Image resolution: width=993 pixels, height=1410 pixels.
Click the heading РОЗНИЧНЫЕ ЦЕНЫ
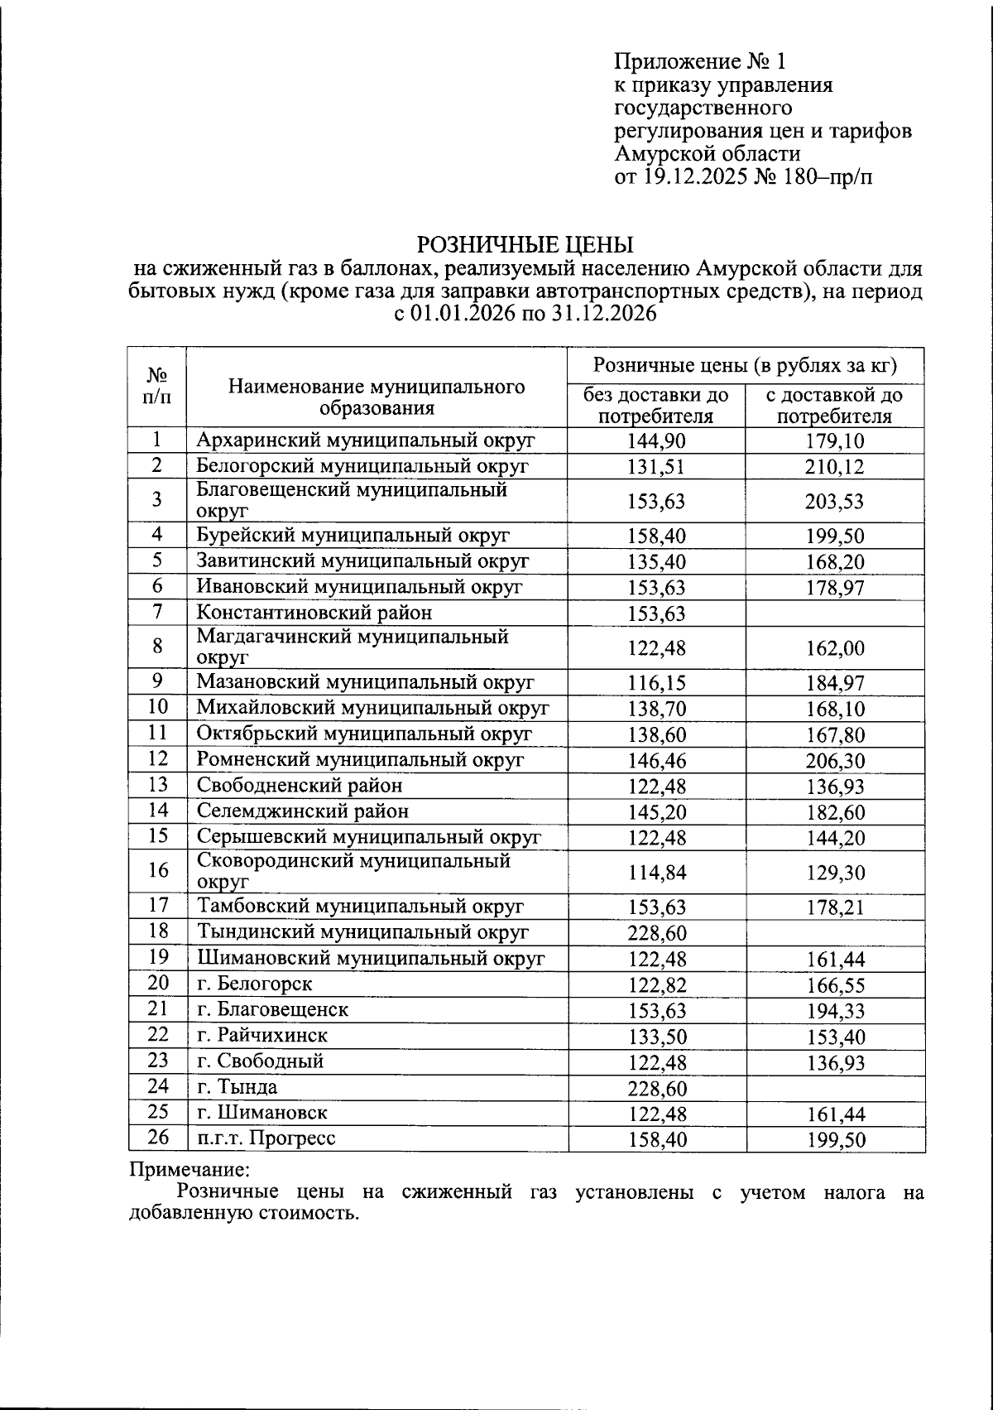(x=524, y=244)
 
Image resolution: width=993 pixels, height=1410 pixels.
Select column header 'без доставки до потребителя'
(x=656, y=406)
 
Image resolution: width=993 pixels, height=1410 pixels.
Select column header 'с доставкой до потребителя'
(x=834, y=406)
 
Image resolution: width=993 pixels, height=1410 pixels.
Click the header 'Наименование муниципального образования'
(x=377, y=397)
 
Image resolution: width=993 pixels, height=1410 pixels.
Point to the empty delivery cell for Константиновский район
(x=834, y=614)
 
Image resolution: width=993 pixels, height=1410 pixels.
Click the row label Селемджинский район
(x=302, y=811)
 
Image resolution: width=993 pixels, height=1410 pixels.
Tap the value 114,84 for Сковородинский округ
(x=656, y=873)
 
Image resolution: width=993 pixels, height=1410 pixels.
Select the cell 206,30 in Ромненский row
(x=834, y=761)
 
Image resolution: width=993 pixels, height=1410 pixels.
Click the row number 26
(x=157, y=1138)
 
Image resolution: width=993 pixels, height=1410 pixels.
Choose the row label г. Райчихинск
(x=261, y=1036)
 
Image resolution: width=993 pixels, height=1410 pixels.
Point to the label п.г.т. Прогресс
(x=266, y=1138)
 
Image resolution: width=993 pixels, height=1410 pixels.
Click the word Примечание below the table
(x=189, y=1171)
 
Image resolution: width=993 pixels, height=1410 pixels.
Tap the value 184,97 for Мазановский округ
(x=834, y=684)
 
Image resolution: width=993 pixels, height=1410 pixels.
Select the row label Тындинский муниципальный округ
(x=362, y=932)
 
